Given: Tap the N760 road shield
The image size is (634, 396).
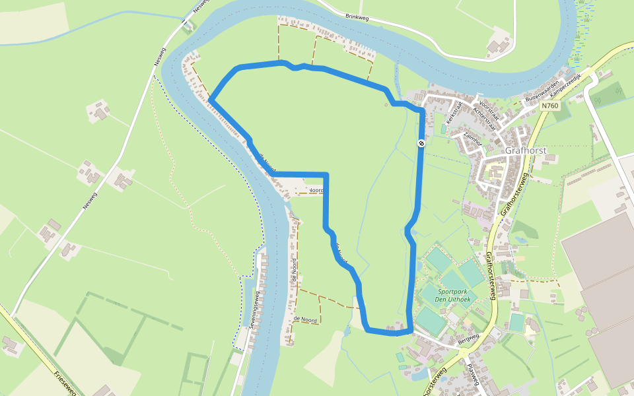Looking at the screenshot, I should (x=549, y=106).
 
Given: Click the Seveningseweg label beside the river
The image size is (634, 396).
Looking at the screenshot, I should (x=253, y=310).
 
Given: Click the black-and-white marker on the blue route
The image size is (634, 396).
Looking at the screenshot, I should (x=421, y=143).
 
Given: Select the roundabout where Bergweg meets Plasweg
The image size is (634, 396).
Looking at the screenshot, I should (x=481, y=350).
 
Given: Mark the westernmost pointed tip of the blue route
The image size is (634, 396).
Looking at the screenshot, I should (x=210, y=100).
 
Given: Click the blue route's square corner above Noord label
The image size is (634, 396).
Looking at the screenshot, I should (x=326, y=175).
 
